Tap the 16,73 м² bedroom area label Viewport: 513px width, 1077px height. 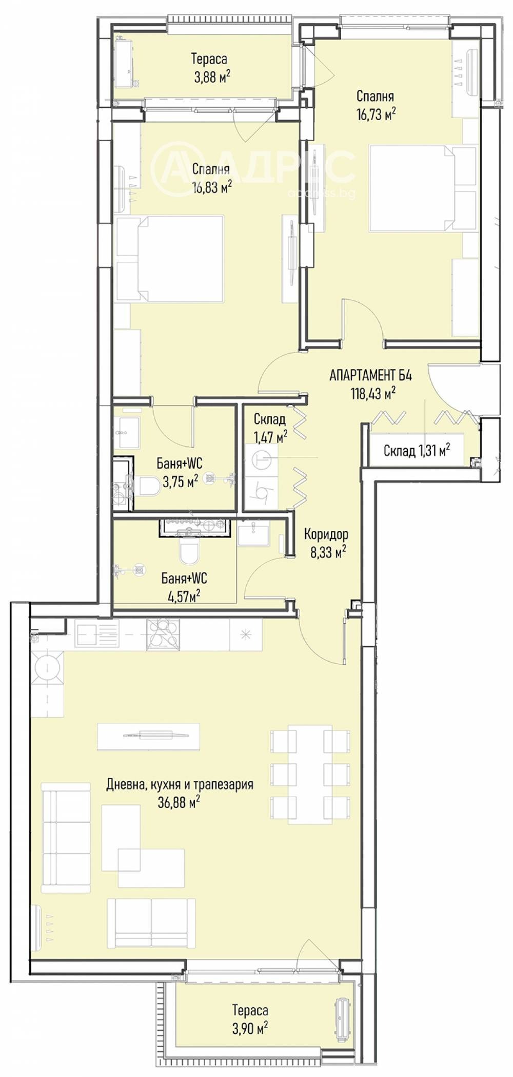pos(376,114)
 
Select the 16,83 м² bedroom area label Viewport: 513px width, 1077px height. pos(212,187)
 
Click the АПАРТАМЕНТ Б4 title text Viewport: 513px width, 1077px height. pos(370,375)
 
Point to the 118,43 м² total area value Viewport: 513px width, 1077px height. pos(371,394)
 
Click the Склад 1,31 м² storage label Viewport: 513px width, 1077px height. pos(417,451)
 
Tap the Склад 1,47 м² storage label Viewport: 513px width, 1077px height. pos(270,428)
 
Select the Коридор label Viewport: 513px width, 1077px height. pos(326,534)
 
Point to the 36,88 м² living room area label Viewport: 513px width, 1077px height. pos(178,802)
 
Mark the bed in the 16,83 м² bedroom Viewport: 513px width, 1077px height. pos(170,258)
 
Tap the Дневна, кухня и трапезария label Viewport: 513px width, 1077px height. pos(180,784)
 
